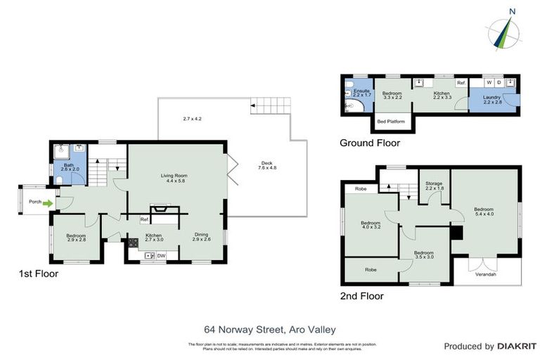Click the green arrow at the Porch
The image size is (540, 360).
[47, 204]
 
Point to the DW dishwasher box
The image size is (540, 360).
[161, 255]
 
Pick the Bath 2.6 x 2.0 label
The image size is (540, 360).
[68, 167]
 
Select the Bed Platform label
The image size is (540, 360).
[391, 122]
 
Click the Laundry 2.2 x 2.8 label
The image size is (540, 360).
[491, 99]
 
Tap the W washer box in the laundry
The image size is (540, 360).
[488, 82]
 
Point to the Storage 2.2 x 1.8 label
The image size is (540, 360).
[434, 186]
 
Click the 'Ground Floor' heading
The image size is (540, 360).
[369, 143]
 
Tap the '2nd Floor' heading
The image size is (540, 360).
[361, 296]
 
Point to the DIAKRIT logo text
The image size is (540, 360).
[515, 346]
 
